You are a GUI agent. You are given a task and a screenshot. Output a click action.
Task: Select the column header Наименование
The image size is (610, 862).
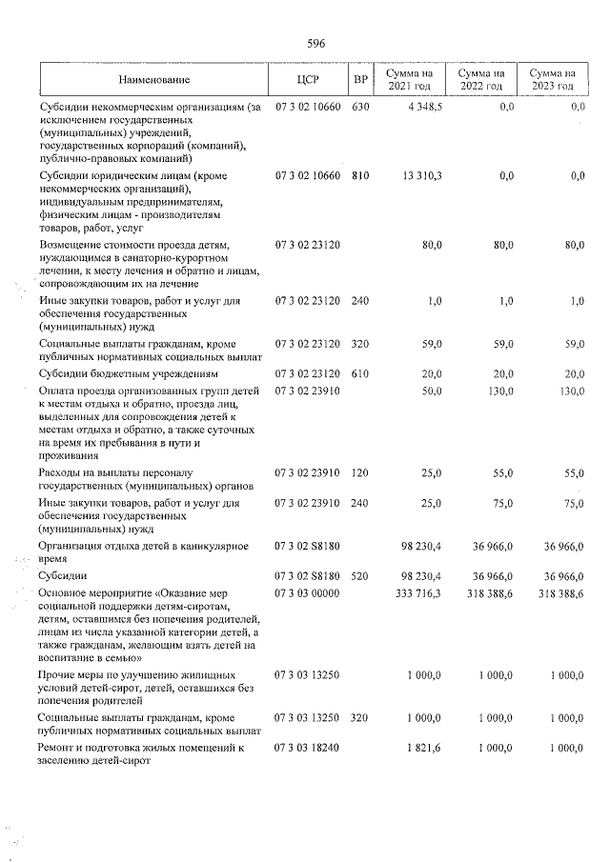click(x=154, y=79)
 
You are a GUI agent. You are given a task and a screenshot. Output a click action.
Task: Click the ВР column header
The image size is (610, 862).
click(x=360, y=79)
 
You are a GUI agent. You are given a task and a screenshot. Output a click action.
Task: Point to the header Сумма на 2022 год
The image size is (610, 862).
click(x=480, y=79)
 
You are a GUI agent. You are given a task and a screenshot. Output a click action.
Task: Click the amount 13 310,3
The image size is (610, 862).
click(x=422, y=176)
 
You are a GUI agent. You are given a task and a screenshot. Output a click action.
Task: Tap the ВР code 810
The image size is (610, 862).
click(x=359, y=176)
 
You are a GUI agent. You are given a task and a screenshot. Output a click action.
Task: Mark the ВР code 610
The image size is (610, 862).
click(x=359, y=374)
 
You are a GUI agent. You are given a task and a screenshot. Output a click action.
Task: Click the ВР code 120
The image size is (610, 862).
click(x=359, y=473)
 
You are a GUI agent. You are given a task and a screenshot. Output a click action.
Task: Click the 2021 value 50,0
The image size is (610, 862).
click(x=432, y=391)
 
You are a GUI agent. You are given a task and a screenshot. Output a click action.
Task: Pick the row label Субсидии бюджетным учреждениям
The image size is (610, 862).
click(x=128, y=374)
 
